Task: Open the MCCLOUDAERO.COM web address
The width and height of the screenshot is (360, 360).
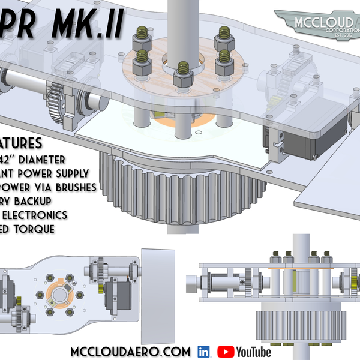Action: coord(130,352)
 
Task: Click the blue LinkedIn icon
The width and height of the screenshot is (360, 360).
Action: coord(203,352)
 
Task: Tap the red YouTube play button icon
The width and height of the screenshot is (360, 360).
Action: coord(226,352)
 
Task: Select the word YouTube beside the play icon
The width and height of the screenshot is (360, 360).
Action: coord(254,352)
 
